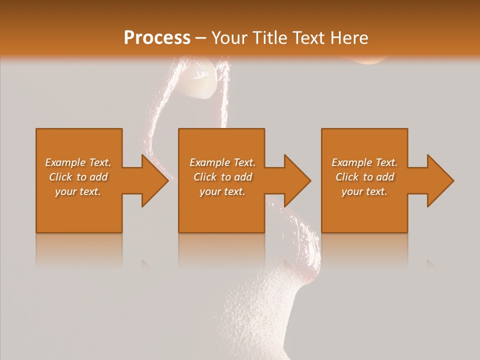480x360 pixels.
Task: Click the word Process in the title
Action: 157,38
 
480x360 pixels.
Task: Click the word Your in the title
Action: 229,38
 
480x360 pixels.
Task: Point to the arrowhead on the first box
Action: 155,180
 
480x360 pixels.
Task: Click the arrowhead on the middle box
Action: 298,180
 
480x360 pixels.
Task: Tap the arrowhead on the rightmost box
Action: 440,180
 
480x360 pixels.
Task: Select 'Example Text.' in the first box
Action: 78,162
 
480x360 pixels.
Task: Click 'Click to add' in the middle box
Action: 222,177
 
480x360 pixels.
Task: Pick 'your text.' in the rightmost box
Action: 364,191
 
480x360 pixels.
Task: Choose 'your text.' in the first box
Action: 78,191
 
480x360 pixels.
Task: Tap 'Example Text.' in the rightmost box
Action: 364,162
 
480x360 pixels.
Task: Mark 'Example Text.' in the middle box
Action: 222,162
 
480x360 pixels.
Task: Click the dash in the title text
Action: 200,38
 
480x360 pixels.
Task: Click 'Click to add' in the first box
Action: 78,177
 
